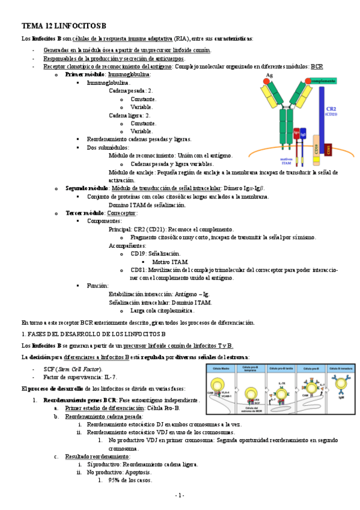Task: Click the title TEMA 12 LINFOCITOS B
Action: tap(63, 26)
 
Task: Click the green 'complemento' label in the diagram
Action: tap(323, 80)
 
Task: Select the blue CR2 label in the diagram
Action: tap(331, 109)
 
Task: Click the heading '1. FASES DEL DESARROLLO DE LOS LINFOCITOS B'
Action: tap(93, 333)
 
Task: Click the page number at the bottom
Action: tap(179, 495)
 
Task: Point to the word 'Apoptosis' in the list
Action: tap(138, 472)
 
